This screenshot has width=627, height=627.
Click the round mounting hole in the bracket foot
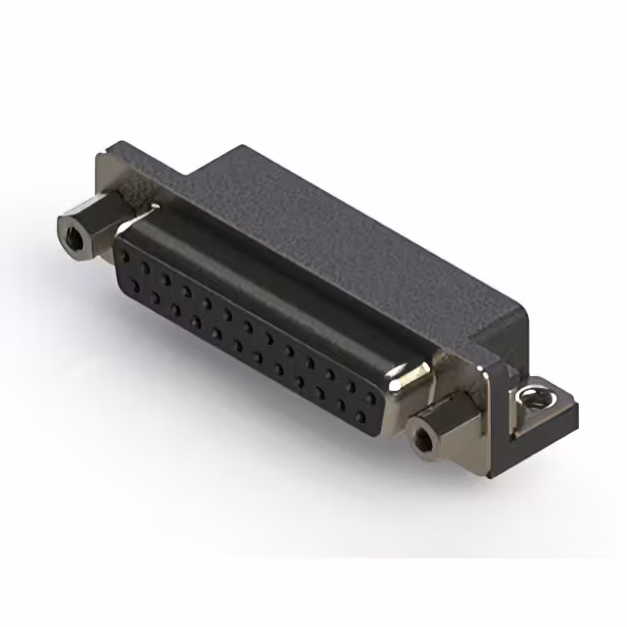point(534,395)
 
